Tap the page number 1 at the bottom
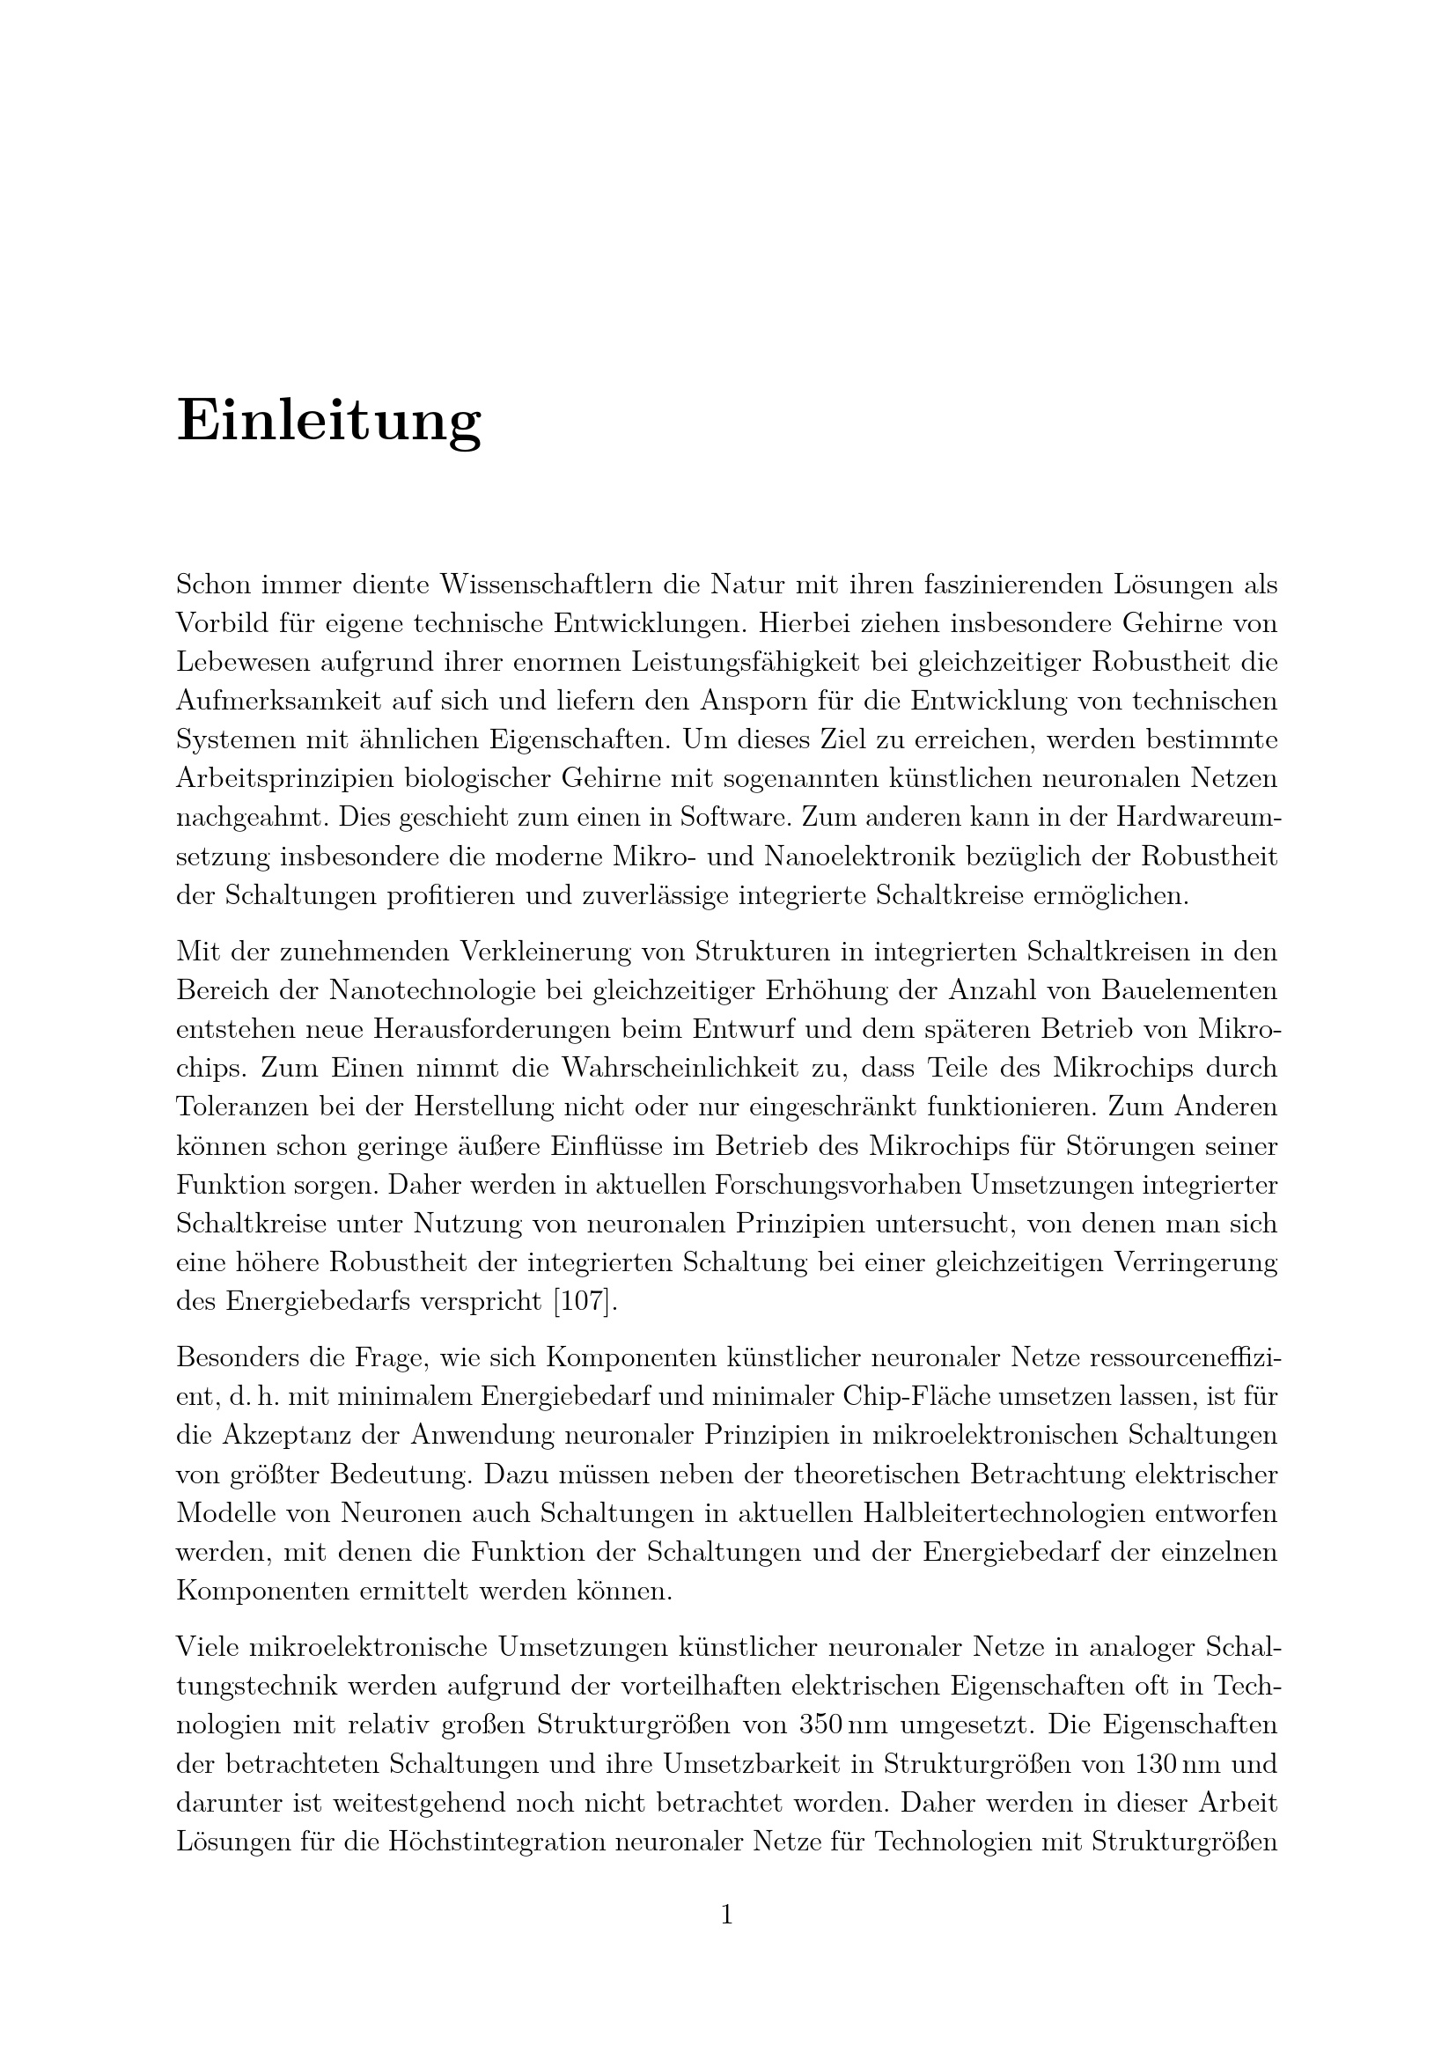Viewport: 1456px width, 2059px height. coord(727,1916)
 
